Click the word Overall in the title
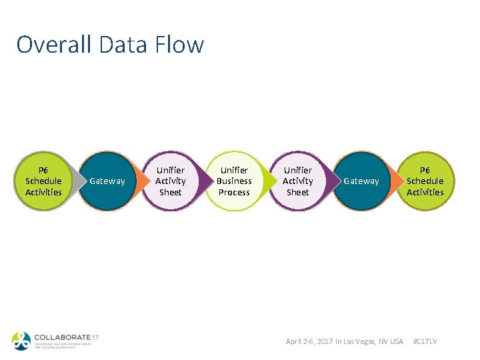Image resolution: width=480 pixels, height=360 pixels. [54, 45]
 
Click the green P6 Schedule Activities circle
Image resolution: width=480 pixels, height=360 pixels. [43, 181]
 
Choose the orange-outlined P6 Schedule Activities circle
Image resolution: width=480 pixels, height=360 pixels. [425, 181]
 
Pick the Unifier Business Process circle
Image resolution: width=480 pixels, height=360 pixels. [234, 181]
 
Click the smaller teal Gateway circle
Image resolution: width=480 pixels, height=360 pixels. [107, 181]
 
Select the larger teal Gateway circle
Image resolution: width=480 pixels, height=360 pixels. [361, 181]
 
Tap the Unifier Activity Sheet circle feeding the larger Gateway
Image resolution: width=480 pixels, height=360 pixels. [297, 181]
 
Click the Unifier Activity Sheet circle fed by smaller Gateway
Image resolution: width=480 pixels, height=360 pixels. [170, 181]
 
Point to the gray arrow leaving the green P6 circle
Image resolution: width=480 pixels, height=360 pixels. [75, 181]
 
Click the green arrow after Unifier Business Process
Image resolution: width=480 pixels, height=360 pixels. [267, 181]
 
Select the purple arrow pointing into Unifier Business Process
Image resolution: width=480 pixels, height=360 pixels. [203, 181]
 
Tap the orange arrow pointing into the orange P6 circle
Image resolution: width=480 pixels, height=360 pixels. [395, 181]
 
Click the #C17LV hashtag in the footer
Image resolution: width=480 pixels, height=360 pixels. [425, 341]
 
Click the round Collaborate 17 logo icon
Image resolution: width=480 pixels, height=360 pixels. [21, 340]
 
